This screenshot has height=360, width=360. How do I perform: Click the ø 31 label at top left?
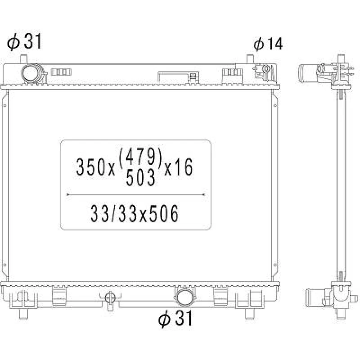pos(24,41)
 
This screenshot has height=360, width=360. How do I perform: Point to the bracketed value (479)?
pos(140,157)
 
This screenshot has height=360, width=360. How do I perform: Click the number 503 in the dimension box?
pos(140,177)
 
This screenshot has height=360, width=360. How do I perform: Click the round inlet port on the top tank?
pos(31,73)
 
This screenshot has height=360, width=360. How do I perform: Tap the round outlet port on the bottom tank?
pos(184,297)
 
